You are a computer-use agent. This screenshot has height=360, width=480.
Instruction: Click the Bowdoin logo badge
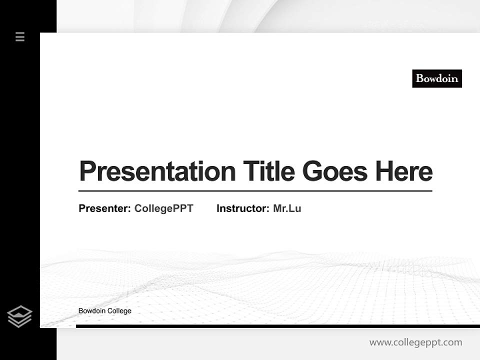(436, 78)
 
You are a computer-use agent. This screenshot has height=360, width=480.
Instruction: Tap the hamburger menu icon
(20, 36)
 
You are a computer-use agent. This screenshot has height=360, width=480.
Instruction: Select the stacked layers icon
(19, 316)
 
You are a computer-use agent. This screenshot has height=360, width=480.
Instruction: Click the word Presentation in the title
(157, 171)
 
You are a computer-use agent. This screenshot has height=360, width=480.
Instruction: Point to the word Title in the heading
(268, 171)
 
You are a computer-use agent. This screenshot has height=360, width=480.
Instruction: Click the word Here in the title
(403, 171)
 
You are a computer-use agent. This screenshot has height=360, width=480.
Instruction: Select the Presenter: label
(105, 208)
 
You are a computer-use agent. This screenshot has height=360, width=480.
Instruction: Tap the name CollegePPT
(163, 208)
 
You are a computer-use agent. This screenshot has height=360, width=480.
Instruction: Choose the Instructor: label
(243, 208)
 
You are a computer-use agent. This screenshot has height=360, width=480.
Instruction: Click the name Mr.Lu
(287, 208)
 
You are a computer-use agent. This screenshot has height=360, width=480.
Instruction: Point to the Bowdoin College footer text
(105, 311)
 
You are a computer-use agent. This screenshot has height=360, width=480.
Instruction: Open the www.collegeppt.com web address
(415, 342)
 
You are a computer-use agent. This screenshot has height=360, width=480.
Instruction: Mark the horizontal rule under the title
(255, 191)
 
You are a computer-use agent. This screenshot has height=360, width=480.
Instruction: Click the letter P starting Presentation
(87, 171)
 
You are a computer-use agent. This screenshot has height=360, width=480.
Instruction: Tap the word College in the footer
(119, 311)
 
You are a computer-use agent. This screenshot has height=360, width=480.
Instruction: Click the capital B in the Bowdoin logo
(419, 78)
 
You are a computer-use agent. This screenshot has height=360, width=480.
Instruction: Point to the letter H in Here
(384, 171)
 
